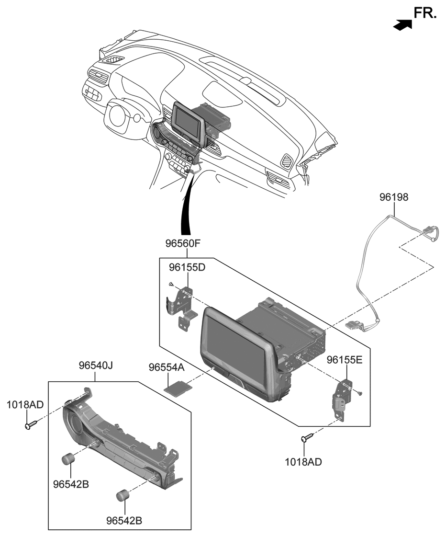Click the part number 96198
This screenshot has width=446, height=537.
pos(394,197)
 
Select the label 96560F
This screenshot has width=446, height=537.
pos(182,243)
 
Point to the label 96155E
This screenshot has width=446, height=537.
pos(345,359)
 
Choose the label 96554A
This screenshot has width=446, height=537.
pos(166,367)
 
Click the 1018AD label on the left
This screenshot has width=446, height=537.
pos(25,405)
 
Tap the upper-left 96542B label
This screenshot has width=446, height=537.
pos(71,484)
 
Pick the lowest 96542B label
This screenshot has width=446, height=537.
pos(124,520)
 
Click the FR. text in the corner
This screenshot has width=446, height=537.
pos(425,13)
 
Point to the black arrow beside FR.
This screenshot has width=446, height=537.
pos(402,25)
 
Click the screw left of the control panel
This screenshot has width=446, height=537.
pos(30,425)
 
